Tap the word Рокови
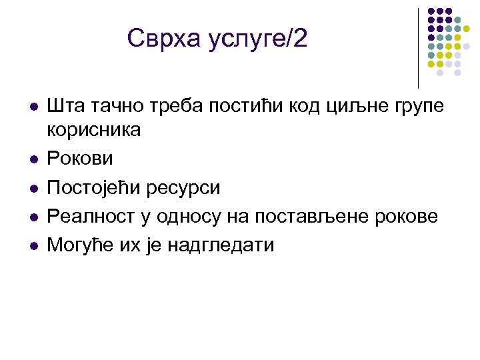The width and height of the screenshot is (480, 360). pyautogui.click(x=80, y=159)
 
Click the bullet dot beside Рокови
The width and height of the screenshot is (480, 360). pyautogui.click(x=32, y=159)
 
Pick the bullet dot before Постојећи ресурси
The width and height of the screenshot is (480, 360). pyautogui.click(x=32, y=188)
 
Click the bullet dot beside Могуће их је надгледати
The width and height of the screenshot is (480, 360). pyautogui.click(x=32, y=245)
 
